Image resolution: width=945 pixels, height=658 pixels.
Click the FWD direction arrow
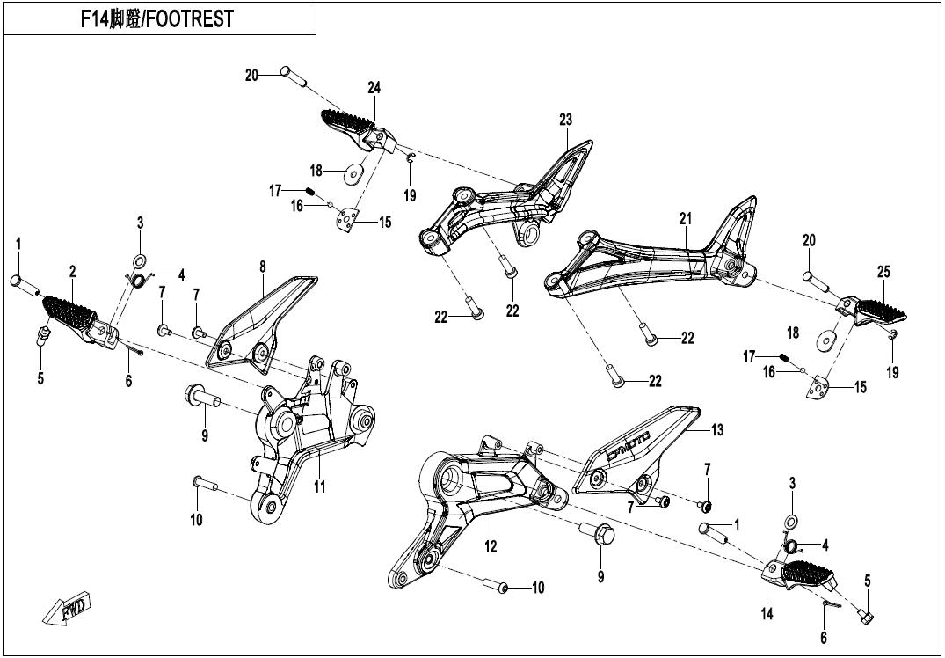67,607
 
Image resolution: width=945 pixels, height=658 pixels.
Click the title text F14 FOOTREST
157,19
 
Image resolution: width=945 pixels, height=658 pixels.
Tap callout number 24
374,88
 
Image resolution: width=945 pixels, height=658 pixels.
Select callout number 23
565,120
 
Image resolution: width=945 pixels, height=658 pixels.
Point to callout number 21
686,219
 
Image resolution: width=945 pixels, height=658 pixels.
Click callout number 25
883,272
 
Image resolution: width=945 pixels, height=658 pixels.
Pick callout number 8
263,267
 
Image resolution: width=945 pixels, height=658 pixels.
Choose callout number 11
320,486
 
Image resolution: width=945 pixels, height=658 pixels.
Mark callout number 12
491,546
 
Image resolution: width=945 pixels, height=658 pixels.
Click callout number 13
717,430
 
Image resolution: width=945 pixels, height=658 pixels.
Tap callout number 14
767,614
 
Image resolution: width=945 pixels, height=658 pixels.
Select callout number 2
72,272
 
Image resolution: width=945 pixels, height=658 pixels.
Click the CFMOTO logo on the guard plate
628,446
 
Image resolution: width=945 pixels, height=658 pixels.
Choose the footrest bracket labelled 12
476,513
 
